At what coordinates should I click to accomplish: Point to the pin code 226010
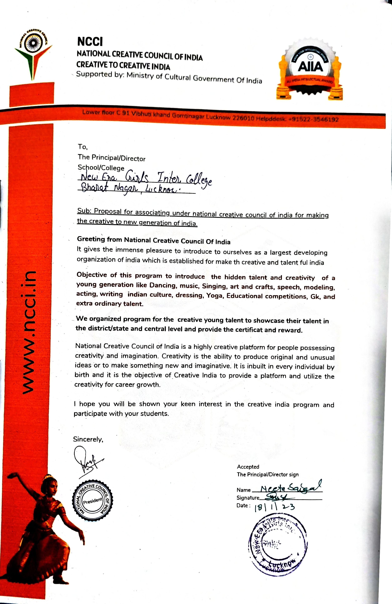[243, 118]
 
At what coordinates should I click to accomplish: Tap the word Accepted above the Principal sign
[248, 467]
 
